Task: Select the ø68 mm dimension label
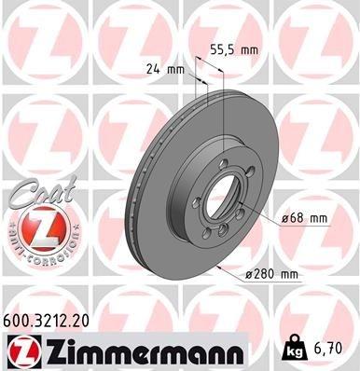pyautogui.click(x=307, y=218)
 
